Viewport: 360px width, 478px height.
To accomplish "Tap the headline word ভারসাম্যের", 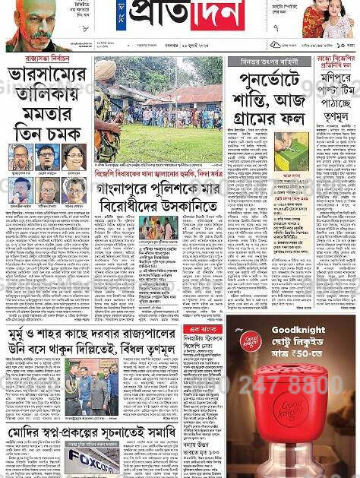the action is coord(48,78).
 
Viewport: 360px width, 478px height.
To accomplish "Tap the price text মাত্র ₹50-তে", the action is coord(303,355).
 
